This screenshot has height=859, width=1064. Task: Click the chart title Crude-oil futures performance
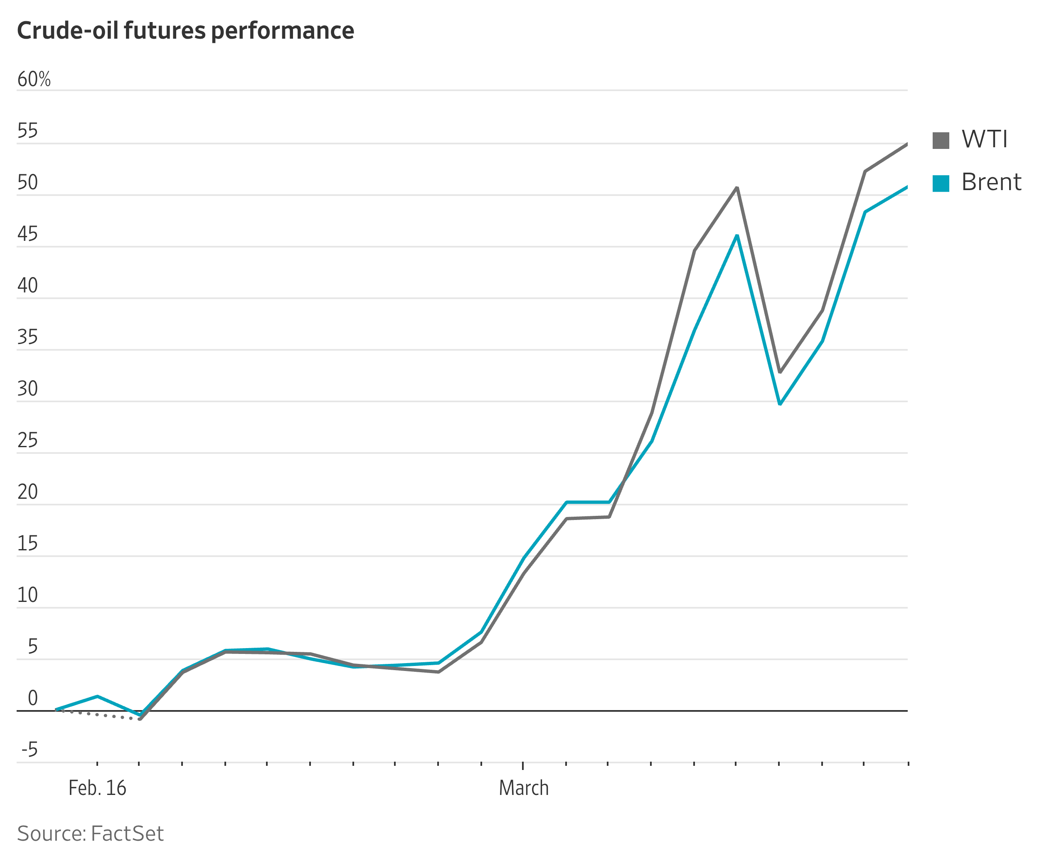[x=185, y=31]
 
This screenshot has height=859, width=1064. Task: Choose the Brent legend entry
[x=990, y=183]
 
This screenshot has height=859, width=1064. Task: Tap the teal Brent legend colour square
[x=941, y=183]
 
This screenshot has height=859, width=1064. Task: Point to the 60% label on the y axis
[x=34, y=79]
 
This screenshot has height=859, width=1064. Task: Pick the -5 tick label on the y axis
[x=29, y=750]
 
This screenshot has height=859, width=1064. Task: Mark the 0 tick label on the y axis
[x=33, y=698]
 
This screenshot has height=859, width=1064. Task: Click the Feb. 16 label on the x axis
[x=97, y=788]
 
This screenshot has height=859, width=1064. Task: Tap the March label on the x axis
[x=524, y=788]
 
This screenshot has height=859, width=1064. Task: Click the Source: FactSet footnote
[x=90, y=834]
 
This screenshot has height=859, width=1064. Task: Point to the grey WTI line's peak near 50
[x=736, y=188]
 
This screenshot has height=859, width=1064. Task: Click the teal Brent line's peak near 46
[x=736, y=236]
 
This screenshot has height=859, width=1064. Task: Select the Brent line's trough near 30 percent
[x=780, y=404]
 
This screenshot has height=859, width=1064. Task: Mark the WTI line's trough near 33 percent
[x=780, y=371]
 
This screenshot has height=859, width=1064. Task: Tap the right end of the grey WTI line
[x=906, y=144]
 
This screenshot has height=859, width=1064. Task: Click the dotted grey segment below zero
[x=99, y=715]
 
